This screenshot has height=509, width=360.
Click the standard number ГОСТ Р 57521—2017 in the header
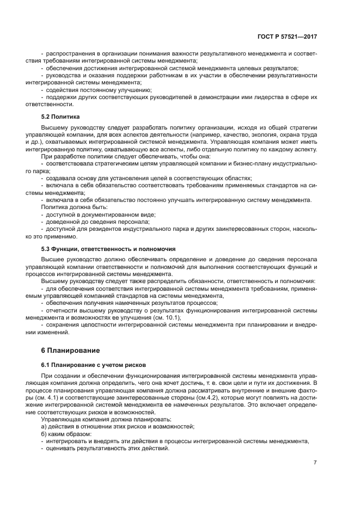(287, 36)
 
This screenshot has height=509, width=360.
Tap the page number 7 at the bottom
(315, 462)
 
